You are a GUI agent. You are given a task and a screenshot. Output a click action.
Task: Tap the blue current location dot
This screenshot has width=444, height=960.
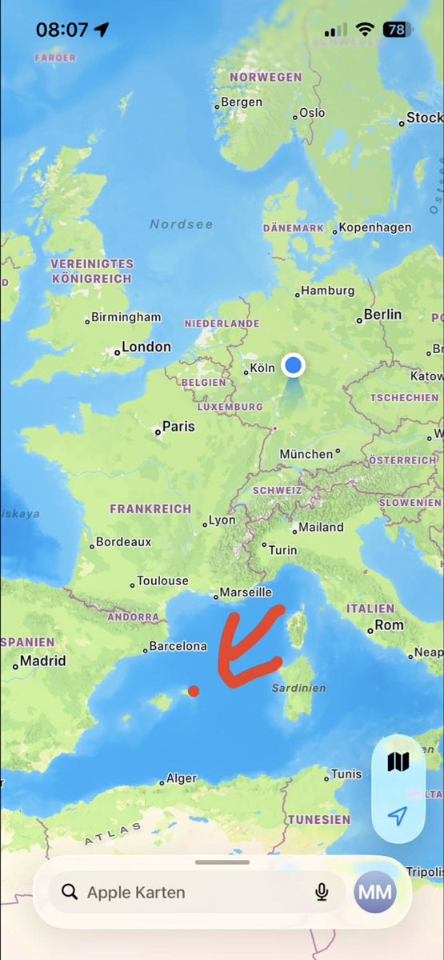[294, 365]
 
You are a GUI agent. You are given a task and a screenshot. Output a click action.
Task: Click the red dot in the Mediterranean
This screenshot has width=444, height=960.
[194, 691]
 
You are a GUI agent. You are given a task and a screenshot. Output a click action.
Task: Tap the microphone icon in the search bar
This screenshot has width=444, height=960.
[322, 892]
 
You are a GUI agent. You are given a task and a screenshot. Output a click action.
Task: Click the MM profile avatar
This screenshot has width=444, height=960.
[375, 892]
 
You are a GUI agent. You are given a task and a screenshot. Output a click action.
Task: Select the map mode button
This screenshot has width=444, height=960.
[398, 761]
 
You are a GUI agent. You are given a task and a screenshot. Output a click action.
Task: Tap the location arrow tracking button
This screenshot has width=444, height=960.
[398, 815]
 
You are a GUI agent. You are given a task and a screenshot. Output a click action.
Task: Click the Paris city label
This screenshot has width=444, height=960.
[178, 427]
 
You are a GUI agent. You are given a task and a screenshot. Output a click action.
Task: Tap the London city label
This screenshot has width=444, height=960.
[146, 347]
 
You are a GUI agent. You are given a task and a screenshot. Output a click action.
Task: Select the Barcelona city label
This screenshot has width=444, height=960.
[178, 646]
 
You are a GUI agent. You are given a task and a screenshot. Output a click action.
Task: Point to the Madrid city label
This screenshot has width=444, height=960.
[42, 661]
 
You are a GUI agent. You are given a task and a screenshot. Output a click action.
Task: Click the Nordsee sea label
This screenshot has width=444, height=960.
[182, 224]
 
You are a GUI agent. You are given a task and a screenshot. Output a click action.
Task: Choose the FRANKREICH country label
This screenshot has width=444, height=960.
[150, 508]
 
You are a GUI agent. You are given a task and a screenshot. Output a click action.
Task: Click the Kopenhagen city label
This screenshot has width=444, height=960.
[374, 227]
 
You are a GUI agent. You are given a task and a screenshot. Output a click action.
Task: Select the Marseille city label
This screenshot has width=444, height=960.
[246, 592]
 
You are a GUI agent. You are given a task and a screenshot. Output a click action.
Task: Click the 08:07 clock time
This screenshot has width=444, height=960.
[62, 30]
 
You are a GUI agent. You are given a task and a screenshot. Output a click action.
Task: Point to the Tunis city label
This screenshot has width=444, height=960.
[346, 774]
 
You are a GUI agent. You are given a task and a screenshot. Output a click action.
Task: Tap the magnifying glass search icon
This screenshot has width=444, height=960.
[70, 892]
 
